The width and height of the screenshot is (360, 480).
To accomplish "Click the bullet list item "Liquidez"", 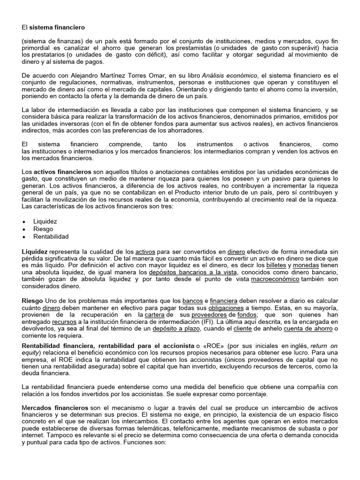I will pyautogui.click(x=45, y=221).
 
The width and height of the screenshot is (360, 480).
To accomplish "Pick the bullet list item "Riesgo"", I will pyautogui.click(x=43, y=229).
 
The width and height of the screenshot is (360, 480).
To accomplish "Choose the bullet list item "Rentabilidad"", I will pyautogui.click(x=51, y=237).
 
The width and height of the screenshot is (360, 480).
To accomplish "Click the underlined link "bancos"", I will pyautogui.click(x=192, y=300).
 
